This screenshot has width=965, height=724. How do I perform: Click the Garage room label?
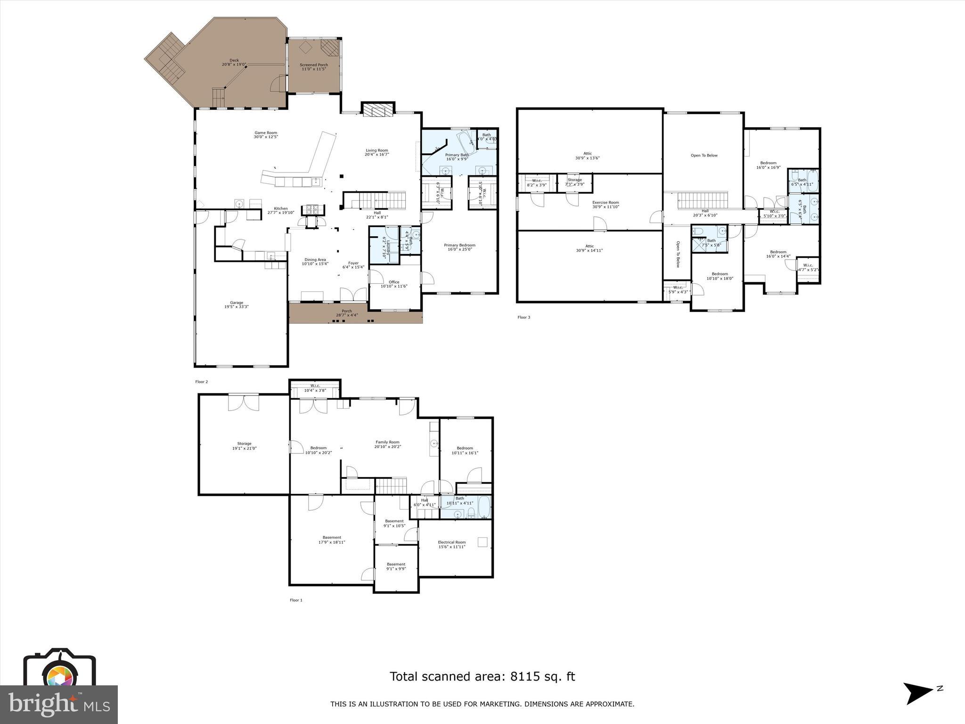coord(237,303)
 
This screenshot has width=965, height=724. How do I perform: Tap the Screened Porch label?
coord(314,65)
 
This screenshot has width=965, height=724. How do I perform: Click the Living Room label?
coord(377,150)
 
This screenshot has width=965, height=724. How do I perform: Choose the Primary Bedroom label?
coord(459,245)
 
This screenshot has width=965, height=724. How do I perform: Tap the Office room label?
coord(394,282)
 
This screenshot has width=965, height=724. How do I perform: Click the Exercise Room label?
coord(605,203)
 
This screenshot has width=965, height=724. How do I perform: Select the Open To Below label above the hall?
coord(704,155)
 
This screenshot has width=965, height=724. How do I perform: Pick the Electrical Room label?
coord(452,542)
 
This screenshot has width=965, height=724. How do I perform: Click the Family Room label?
coord(387,442)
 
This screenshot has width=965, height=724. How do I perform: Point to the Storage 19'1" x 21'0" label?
coord(244,446)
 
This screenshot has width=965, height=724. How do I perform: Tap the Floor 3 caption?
coord(523,317)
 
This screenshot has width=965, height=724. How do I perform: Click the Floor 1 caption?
coord(296,600)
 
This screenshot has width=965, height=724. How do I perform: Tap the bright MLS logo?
coord(59,704)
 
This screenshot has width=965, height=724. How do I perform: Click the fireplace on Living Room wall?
coord(377,109)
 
